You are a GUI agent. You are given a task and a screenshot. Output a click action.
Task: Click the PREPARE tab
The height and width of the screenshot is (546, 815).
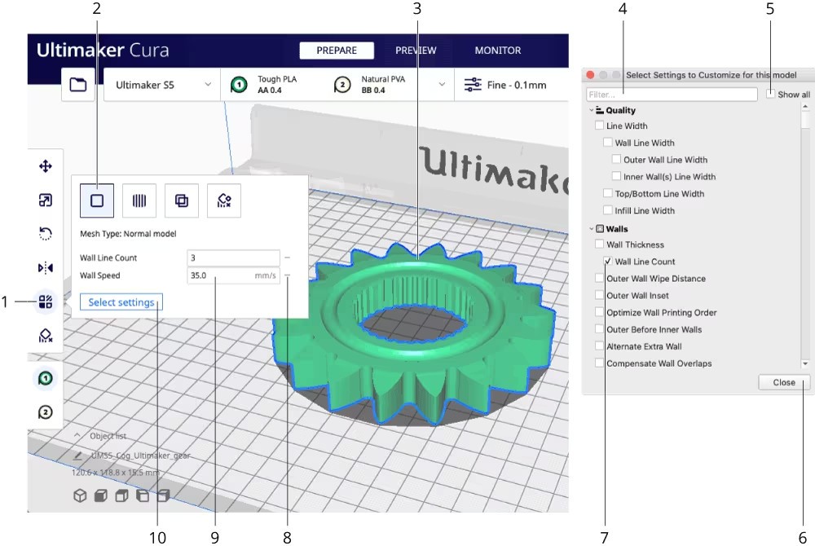337,51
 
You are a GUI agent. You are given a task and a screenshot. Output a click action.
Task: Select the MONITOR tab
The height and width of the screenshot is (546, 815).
497,51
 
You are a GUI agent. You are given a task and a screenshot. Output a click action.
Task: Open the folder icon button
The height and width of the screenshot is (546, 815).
78,84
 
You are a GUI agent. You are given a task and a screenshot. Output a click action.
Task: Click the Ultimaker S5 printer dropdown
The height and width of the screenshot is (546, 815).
162,85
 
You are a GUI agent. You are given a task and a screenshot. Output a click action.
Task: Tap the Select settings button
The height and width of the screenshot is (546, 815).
121,302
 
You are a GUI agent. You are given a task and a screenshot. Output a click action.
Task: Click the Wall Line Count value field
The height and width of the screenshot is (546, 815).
233,258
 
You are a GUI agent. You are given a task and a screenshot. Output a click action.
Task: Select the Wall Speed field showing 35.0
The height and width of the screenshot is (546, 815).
233,275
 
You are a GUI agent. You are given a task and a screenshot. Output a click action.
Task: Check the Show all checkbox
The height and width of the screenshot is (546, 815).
770,94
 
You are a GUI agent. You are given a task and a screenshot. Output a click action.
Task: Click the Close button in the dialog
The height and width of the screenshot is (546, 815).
784,382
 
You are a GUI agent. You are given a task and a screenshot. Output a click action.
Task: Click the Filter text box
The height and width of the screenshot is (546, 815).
672,95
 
